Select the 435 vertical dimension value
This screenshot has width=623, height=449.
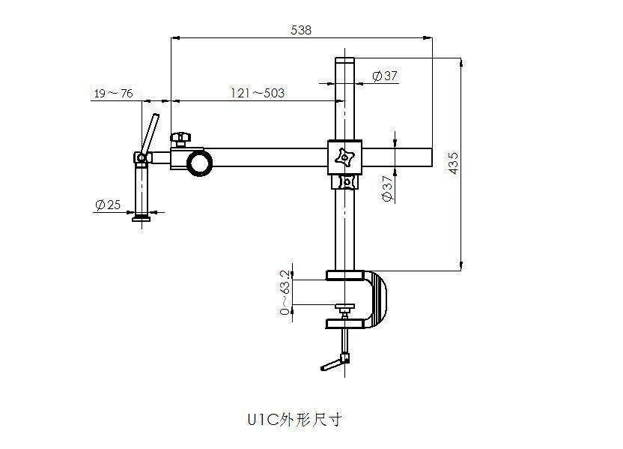coord(452,163)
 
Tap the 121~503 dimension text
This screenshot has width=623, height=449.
coord(257,93)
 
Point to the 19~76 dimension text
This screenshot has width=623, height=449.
coord(113,93)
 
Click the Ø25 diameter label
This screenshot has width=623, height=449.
coord(109,204)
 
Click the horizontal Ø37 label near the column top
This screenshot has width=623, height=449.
coord(384,76)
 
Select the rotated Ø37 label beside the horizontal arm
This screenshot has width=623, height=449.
coord(387,188)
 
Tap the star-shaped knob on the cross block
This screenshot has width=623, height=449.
coord(345,157)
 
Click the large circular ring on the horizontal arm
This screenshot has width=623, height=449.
coord(201,163)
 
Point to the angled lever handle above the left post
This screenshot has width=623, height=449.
coord(151,133)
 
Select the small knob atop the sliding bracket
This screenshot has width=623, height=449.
coord(180,138)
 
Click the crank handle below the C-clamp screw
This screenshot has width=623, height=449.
coord(332,365)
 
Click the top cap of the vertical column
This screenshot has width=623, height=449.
coord(344,61)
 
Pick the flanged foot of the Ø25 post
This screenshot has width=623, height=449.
coord(142,217)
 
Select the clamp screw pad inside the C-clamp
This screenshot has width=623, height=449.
coord(344,307)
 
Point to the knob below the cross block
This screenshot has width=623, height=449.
coord(345,181)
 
